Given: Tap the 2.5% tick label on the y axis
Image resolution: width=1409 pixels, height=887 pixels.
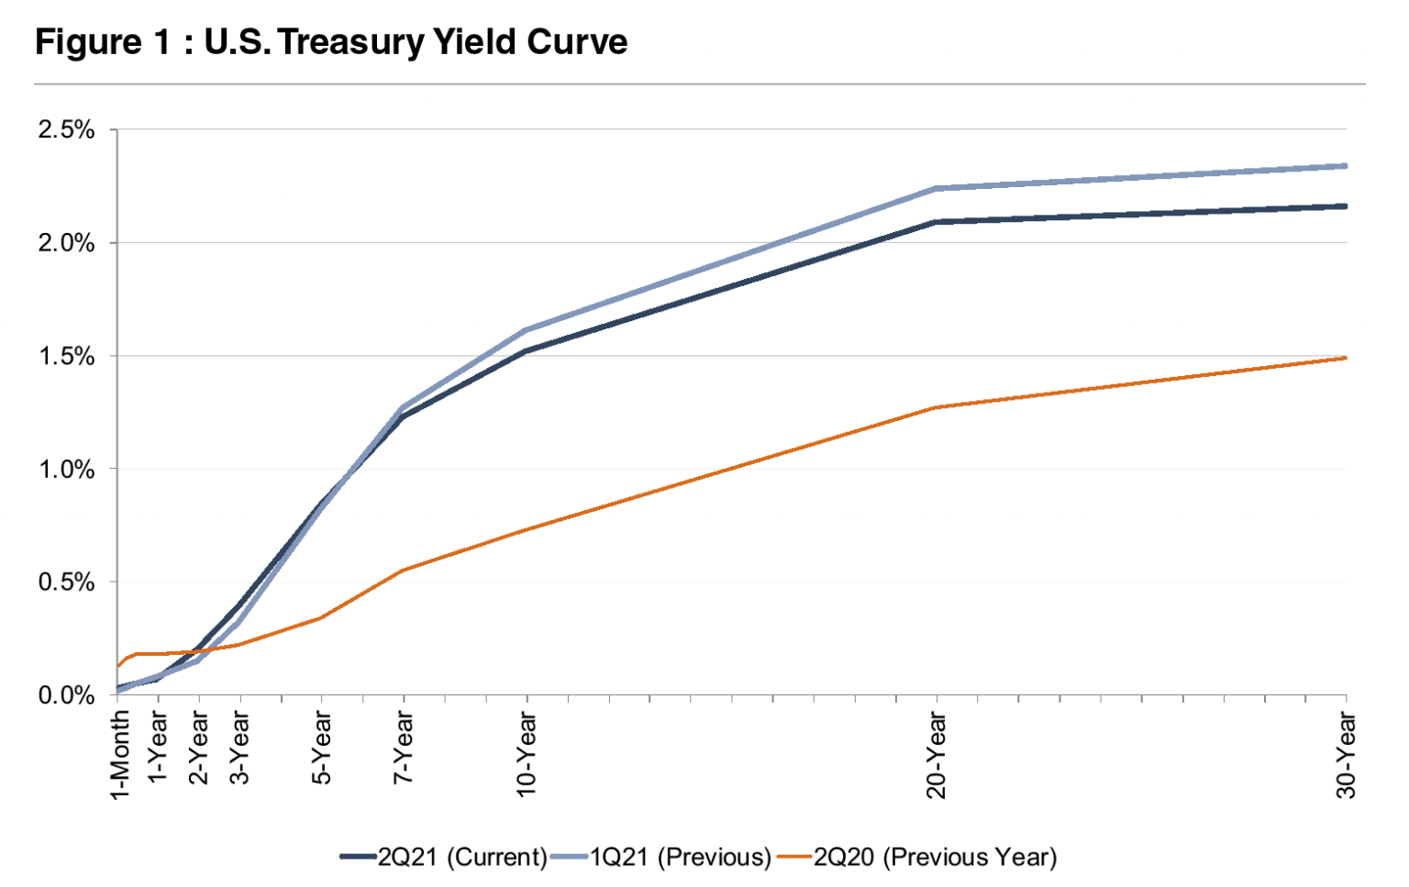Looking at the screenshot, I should click(66, 129).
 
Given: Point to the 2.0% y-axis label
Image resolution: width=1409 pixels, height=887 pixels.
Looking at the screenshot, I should click(66, 243).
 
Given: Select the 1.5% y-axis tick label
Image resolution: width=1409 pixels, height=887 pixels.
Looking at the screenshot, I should click(66, 356).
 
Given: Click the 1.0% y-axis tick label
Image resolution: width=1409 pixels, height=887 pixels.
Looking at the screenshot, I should click(66, 469).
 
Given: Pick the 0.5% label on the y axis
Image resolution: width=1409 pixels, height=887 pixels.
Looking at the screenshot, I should click(66, 582).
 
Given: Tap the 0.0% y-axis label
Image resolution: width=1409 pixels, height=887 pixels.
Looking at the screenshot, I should click(66, 695).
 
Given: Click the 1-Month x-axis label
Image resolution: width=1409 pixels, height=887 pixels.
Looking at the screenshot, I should click(119, 755).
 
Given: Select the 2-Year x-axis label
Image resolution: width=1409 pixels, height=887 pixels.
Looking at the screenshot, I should click(199, 748).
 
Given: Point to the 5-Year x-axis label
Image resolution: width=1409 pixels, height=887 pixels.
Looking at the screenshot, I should click(321, 748).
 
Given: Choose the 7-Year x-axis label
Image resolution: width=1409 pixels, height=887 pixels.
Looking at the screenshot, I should click(404, 748).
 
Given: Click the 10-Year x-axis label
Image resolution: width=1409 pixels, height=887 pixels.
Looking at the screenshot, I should click(527, 754).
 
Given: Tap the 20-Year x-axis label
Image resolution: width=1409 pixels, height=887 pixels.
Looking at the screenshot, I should click(936, 754).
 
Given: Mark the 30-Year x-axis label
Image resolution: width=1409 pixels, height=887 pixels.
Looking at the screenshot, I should click(1345, 754).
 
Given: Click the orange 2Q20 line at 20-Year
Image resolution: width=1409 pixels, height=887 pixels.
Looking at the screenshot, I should click(936, 407).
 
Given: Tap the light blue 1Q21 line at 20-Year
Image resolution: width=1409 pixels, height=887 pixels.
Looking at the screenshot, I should click(936, 188).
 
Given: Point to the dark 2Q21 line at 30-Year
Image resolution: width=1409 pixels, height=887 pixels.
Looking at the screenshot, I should click(1345, 206).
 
